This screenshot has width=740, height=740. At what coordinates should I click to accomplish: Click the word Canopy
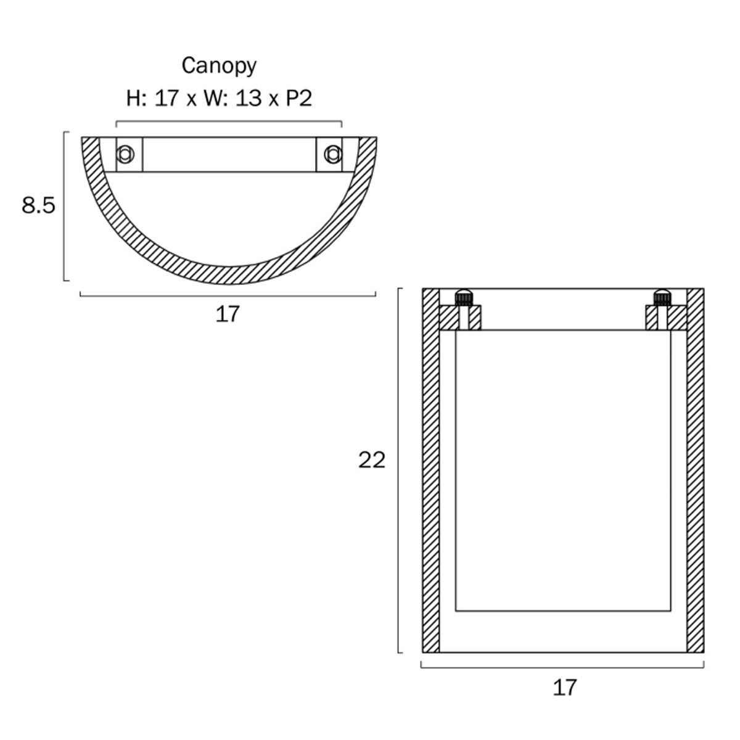[x=218, y=67]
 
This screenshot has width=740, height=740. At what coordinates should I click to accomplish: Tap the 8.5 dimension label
[x=38, y=205]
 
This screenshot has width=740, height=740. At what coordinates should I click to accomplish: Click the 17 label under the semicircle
[x=228, y=314]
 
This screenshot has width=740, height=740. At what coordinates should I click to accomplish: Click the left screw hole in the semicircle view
[x=125, y=154]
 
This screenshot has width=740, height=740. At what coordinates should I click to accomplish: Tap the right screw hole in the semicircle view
[x=332, y=154]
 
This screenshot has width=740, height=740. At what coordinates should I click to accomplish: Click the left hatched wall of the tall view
[x=431, y=470]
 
